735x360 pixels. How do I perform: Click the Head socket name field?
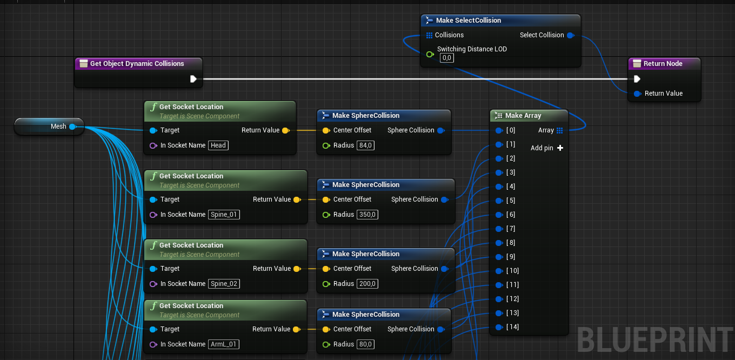click(218, 145)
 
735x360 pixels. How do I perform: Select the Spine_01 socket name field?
click(224, 215)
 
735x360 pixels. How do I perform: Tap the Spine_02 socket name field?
click(224, 284)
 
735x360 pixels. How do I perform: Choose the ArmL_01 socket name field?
click(223, 344)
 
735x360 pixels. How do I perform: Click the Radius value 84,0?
click(365, 145)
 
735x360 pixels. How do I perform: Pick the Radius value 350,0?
click(367, 215)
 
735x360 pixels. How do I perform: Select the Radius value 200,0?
click(367, 284)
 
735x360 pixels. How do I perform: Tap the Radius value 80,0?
click(365, 344)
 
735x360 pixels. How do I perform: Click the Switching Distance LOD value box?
click(446, 58)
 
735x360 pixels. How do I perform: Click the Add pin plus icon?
click(560, 148)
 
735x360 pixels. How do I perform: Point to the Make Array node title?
click(523, 116)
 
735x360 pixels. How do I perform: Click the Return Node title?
click(663, 64)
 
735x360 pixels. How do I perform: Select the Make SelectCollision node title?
click(468, 21)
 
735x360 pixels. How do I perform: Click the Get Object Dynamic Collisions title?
click(137, 64)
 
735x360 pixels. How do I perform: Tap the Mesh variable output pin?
click(73, 126)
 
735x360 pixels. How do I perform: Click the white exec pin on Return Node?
click(637, 79)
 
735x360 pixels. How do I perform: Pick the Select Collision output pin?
click(571, 36)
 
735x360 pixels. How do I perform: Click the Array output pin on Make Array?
click(560, 131)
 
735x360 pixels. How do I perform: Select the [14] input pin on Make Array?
click(499, 327)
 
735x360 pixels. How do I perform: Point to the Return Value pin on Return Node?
click(637, 94)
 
